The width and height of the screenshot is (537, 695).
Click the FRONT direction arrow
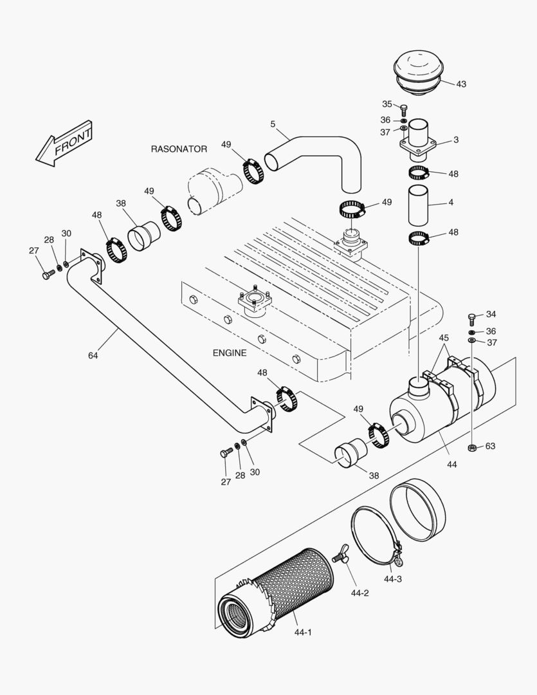click(x=65, y=144)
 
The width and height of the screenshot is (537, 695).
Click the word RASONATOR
click(x=179, y=149)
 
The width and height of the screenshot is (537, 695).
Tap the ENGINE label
click(x=230, y=353)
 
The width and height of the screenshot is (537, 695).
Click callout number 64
click(x=93, y=355)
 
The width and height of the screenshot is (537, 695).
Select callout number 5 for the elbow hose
click(x=273, y=123)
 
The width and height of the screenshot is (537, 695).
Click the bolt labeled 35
click(x=404, y=109)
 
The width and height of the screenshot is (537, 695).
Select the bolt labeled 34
click(x=471, y=317)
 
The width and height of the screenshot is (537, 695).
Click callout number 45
click(x=444, y=338)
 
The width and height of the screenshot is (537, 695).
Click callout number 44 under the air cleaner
click(x=451, y=463)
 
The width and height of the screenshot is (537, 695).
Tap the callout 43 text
click(x=461, y=84)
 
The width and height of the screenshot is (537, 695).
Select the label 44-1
click(x=304, y=633)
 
